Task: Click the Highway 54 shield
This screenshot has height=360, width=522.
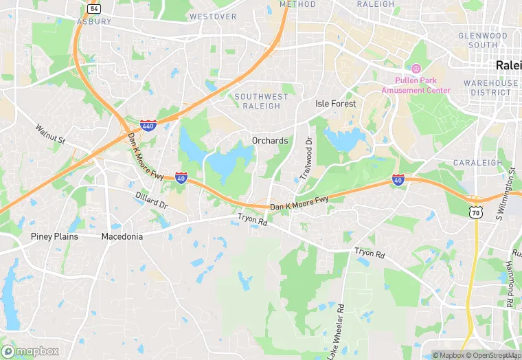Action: tap(94, 8)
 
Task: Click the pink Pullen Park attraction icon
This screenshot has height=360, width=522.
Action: tap(416, 69)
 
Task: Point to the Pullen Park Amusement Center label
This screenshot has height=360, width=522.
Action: tap(416, 85)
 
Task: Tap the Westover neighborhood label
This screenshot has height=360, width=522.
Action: tap(212, 16)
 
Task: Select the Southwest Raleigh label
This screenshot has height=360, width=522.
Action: tap(257, 101)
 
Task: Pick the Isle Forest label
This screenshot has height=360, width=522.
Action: tap(335, 104)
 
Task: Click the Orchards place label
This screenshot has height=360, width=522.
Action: tap(270, 141)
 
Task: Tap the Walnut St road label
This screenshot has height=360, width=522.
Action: tap(50, 135)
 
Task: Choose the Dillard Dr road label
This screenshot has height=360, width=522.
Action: tap(151, 201)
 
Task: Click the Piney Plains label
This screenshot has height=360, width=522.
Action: tap(54, 236)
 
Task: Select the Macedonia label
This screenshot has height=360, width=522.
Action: tap(122, 236)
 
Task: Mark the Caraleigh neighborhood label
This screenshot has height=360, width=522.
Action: tap(474, 163)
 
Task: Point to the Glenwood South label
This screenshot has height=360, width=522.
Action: tap(483, 40)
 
